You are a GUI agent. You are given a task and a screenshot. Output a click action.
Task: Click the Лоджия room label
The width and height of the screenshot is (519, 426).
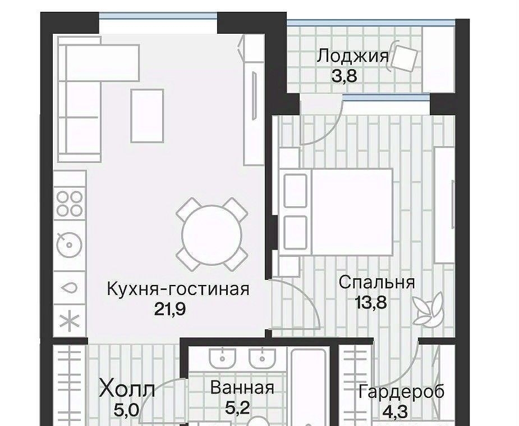(x=353, y=56)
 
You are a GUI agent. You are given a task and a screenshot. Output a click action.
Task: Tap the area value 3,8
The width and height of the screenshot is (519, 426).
(x=345, y=76)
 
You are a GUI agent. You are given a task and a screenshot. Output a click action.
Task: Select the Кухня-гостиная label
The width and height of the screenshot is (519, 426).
(x=178, y=289)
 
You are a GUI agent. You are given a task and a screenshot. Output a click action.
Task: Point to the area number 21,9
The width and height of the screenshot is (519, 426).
(x=170, y=309)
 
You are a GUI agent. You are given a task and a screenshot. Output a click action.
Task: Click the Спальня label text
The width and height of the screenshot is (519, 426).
(x=376, y=283)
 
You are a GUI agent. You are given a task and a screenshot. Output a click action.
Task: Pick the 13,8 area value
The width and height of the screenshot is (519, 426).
(x=370, y=302)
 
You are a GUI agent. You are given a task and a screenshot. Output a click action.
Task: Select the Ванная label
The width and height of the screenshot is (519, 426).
(x=242, y=388)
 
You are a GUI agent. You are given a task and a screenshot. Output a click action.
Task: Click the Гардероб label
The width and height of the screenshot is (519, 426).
(x=401, y=392)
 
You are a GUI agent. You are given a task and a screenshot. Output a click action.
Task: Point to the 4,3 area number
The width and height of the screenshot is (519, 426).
(x=395, y=411)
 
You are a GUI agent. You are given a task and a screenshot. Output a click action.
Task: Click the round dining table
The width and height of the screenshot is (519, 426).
(x=212, y=234)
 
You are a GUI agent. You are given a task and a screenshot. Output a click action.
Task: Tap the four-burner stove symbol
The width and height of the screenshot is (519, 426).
(x=70, y=203)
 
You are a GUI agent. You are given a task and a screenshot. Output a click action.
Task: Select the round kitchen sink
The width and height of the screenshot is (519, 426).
(x=69, y=244)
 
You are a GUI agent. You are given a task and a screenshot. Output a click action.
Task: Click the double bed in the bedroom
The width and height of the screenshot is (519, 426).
(x=336, y=212)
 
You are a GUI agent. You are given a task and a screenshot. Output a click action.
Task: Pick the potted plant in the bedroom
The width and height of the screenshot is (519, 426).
(x=428, y=309)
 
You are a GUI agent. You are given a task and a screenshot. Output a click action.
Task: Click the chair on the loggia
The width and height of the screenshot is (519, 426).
(x=403, y=57)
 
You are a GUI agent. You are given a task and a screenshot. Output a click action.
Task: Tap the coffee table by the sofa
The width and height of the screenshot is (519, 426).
(x=148, y=116)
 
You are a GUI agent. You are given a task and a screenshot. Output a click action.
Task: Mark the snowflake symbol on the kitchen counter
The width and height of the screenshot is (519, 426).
(x=69, y=321)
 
